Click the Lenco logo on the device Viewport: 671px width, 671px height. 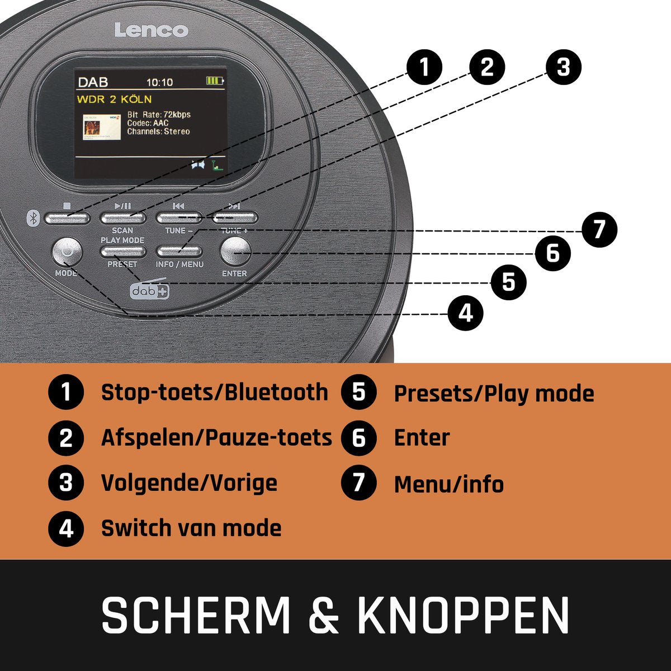pyautogui.click(x=152, y=30)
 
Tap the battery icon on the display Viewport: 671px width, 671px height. pyautogui.click(x=215, y=81)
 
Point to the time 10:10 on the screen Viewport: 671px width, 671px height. pyautogui.click(x=160, y=82)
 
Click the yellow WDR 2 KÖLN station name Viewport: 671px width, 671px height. pyautogui.click(x=114, y=100)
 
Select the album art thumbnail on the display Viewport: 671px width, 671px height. pyautogui.click(x=102, y=127)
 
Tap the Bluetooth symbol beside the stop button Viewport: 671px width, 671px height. pyautogui.click(x=33, y=218)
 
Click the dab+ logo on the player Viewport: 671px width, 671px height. pyautogui.click(x=149, y=288)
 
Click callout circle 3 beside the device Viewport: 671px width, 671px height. pyautogui.click(x=564, y=67)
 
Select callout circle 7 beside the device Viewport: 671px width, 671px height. pyautogui.click(x=599, y=230)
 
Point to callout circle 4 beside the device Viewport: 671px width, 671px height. pyautogui.click(x=466, y=313)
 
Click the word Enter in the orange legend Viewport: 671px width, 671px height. pyautogui.click(x=422, y=437)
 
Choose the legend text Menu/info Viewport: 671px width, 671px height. pyautogui.click(x=449, y=484)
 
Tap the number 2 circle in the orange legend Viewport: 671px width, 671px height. pyautogui.click(x=66, y=438)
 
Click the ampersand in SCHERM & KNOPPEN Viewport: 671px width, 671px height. pyautogui.click(x=324, y=615)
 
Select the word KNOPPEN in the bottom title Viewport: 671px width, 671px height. pyautogui.click(x=464, y=615)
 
